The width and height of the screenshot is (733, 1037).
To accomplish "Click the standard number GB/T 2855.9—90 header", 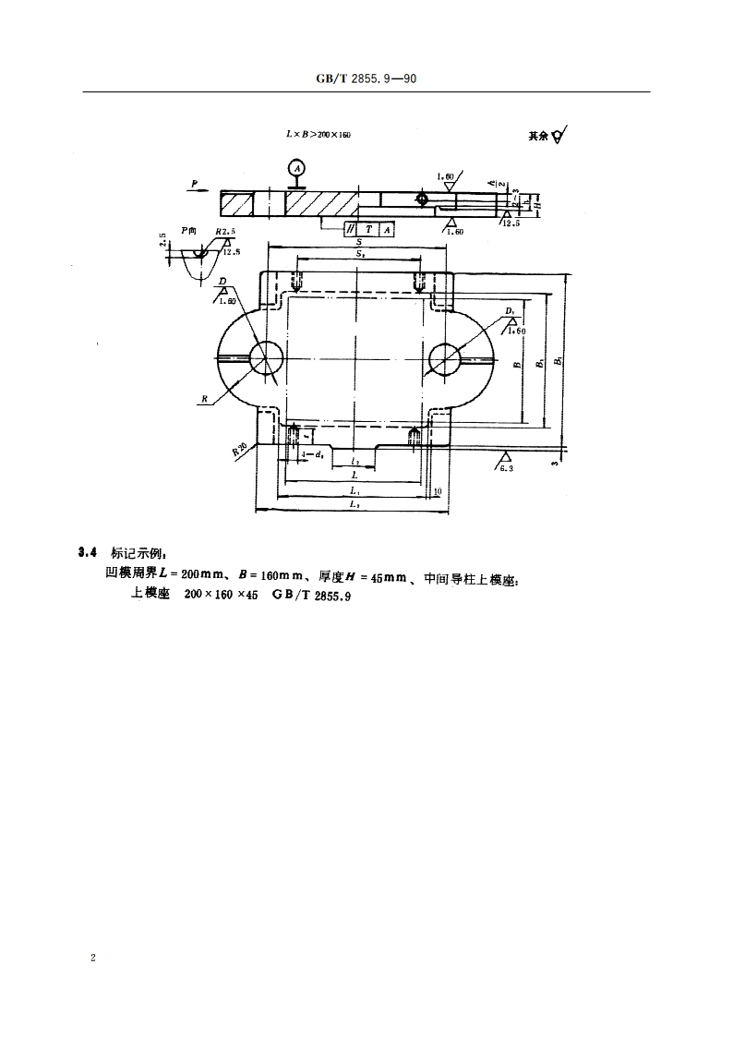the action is [x=366, y=80].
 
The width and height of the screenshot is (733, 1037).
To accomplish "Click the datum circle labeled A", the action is [x=296, y=167].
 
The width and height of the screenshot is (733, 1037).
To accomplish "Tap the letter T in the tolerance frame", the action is [x=369, y=228].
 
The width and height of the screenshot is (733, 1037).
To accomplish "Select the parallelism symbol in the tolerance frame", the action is [x=351, y=228].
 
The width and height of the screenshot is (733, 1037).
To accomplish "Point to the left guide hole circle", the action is [x=266, y=358].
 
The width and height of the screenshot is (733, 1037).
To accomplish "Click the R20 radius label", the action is [x=240, y=450].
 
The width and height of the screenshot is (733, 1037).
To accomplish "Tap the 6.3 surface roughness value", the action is [x=506, y=469].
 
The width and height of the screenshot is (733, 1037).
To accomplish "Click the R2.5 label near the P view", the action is [x=225, y=232].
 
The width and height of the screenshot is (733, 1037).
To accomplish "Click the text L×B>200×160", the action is [x=318, y=135].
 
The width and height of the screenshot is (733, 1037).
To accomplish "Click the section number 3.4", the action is [x=89, y=552].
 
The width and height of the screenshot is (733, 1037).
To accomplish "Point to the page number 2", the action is [x=93, y=959].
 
